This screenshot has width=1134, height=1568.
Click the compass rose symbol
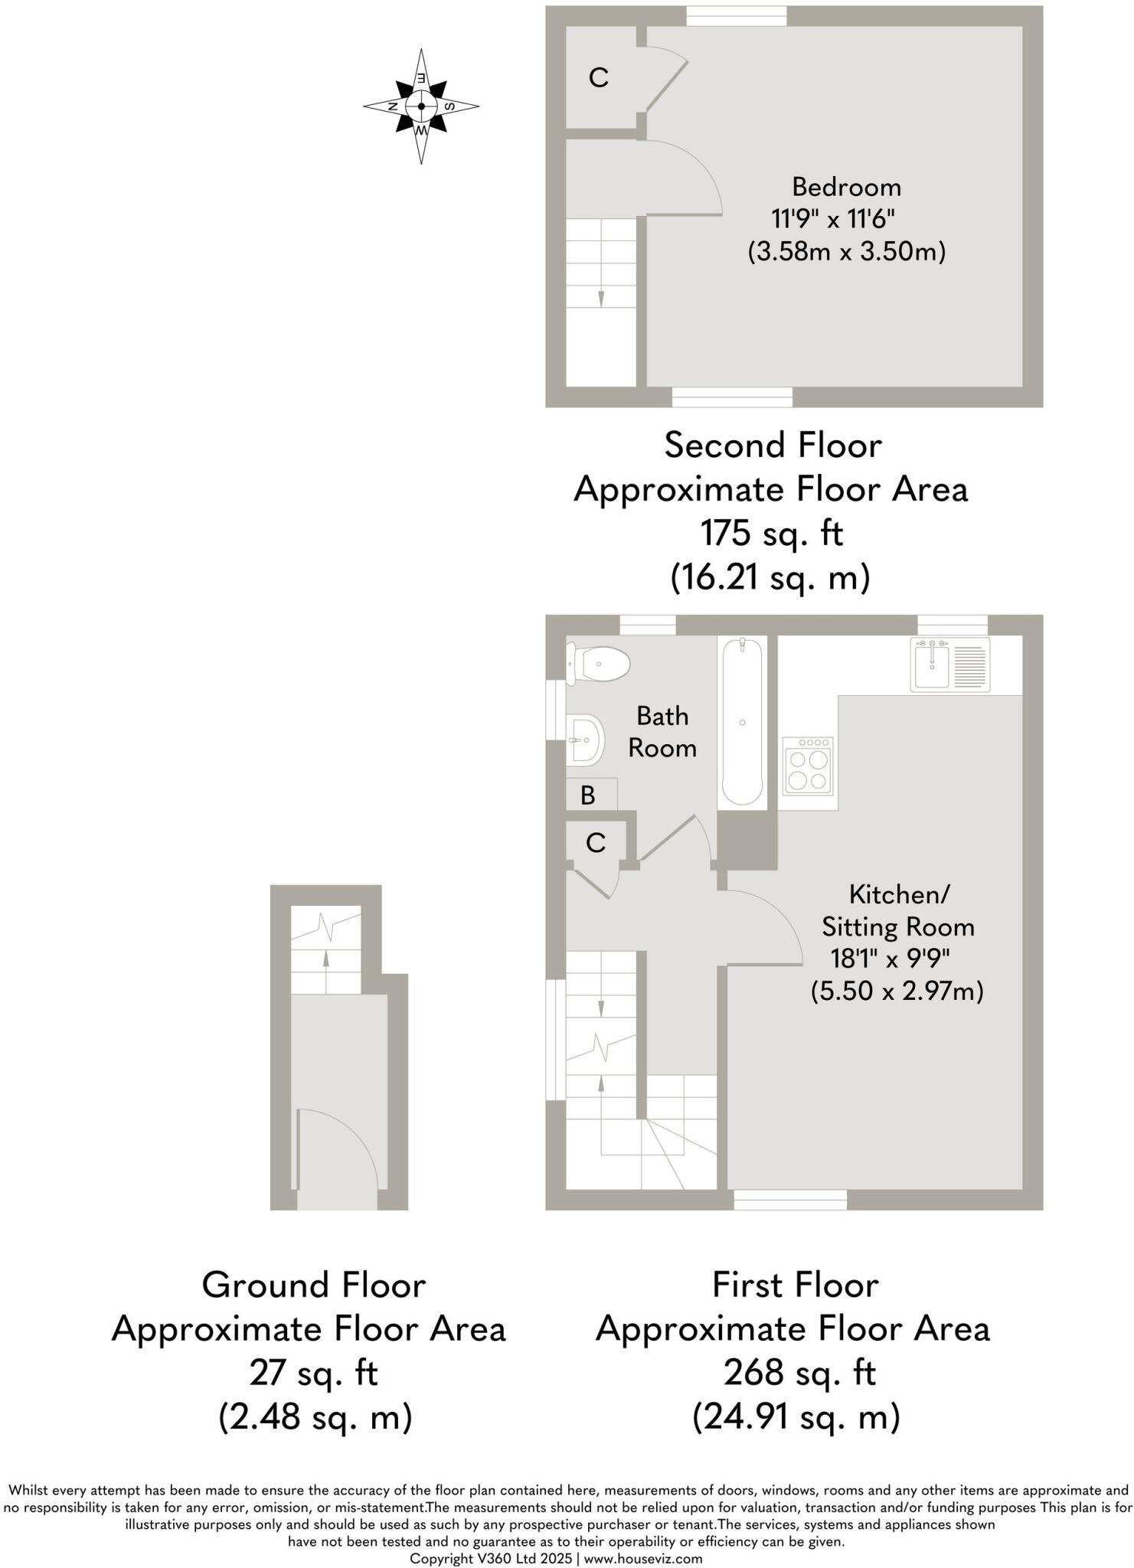pos(421,106)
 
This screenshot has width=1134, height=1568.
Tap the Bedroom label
pos(846,187)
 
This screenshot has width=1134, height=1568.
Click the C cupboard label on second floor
pos(599,77)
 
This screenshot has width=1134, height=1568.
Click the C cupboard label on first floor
pos(596,843)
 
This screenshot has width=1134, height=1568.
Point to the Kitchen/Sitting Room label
pos(898,910)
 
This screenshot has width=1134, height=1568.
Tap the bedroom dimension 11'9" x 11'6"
pos(834,219)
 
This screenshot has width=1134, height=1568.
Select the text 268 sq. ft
pos(799,1373)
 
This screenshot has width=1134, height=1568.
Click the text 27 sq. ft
pos(314,1373)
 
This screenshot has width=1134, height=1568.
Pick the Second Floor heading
pos(773,446)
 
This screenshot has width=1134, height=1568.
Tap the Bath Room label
pos(662,732)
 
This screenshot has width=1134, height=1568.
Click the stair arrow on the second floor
pos(601,298)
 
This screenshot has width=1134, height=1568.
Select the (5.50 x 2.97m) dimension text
pos(897,991)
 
